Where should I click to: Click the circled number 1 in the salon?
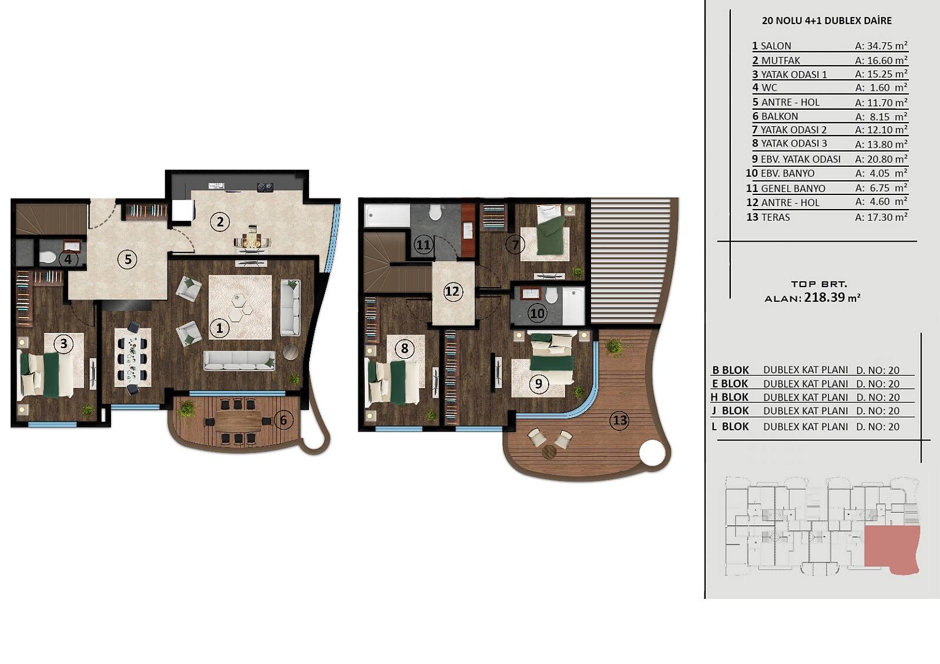pos(220,328)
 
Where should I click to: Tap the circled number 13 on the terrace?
pos(620,420)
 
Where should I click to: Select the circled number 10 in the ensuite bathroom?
pos(538,314)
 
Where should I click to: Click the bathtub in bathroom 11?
pos(387,215)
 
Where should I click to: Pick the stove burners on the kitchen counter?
pos(265,187)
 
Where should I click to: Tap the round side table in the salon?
pos(290,352)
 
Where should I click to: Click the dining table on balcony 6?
pos(238,421)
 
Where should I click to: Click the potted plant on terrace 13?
pos(615,348)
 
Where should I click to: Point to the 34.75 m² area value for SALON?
pos(881,45)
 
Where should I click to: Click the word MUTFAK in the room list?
pos(781,60)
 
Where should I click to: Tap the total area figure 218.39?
pos(824,298)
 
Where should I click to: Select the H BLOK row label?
pos(730,397)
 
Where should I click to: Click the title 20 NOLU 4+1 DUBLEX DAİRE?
pos(827,21)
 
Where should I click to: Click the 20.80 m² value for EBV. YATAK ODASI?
pos(881,159)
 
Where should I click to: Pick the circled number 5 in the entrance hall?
pos(128,259)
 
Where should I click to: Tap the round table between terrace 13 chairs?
pos(549,451)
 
